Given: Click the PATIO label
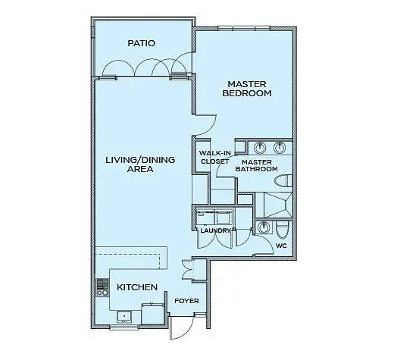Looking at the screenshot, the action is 141,43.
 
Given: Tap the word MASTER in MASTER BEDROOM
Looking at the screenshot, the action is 247,84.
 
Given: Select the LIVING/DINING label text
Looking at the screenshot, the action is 140,160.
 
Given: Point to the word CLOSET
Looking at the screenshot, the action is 214,161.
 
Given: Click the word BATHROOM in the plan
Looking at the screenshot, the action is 257,169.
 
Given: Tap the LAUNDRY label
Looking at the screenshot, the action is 215,230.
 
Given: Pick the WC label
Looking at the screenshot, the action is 281,246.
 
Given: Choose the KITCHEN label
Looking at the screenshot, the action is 137,287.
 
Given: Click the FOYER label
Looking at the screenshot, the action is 186,301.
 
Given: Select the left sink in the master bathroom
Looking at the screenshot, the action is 259,148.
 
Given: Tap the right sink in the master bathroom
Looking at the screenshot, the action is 280,148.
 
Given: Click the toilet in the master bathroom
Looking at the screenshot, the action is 283,181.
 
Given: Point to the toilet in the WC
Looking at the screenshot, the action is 282,229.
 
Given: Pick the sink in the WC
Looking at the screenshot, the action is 264,227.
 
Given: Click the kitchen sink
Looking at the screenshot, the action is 124,317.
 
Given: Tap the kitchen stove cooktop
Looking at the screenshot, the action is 102,288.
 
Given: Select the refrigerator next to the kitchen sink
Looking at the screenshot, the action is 152,314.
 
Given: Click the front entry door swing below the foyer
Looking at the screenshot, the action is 182,327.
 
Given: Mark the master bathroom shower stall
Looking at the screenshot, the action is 274,205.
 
